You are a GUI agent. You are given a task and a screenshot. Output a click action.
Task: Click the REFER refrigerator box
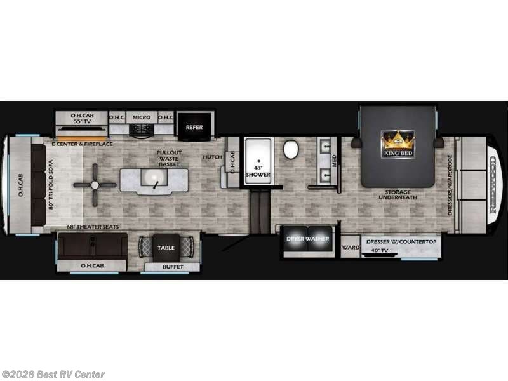[x=194, y=127]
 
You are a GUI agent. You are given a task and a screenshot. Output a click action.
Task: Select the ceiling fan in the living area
[x=95, y=185]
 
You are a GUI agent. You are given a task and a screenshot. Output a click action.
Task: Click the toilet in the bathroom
[x=291, y=150]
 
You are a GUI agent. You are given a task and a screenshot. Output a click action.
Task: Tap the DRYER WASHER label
[x=308, y=239]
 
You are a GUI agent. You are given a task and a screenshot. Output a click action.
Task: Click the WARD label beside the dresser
[x=351, y=248]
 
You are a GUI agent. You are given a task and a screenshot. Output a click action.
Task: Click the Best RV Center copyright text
[x=53, y=375]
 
